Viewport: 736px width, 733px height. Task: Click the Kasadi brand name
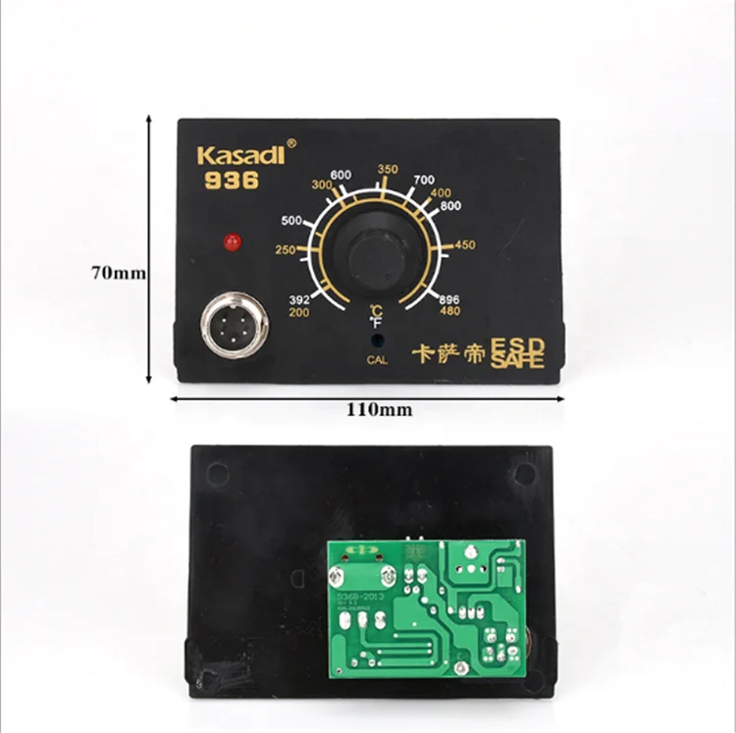click(x=239, y=155)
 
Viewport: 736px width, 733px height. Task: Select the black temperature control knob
click(x=377, y=254)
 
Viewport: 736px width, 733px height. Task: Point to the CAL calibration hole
click(x=377, y=340)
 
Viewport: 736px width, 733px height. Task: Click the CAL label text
click(x=377, y=360)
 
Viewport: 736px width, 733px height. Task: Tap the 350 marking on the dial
click(x=388, y=170)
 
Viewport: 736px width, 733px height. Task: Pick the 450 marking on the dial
click(x=465, y=244)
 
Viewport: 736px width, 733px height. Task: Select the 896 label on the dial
click(x=449, y=300)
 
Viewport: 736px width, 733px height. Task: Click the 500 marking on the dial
click(x=291, y=220)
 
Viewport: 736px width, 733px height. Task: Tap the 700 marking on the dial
click(x=424, y=180)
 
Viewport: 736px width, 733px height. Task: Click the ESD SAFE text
click(x=517, y=353)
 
